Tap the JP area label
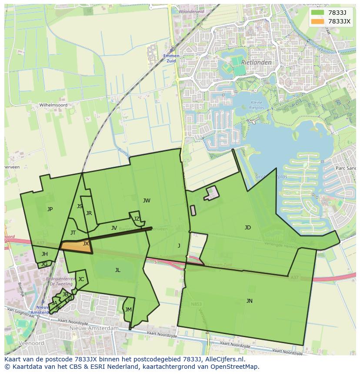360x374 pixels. click(x=50, y=209)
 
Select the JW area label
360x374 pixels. click(x=147, y=201)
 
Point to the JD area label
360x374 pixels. click(x=248, y=228)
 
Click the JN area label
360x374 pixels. click(x=249, y=301)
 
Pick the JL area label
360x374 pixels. click(x=117, y=270)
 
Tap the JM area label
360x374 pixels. click(x=128, y=310)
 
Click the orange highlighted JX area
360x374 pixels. click(x=76, y=246)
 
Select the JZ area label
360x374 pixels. click(x=137, y=219)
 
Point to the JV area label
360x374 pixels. click(x=114, y=228)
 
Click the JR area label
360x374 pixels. click(x=89, y=213)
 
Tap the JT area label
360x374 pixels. click(x=73, y=233)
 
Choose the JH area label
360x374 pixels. click(x=45, y=254)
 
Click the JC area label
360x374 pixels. click(x=81, y=279)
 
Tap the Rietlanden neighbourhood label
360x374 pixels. click(x=257, y=63)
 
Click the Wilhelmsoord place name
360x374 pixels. click(x=53, y=105)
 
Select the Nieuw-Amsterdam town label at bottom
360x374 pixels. click(x=93, y=329)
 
